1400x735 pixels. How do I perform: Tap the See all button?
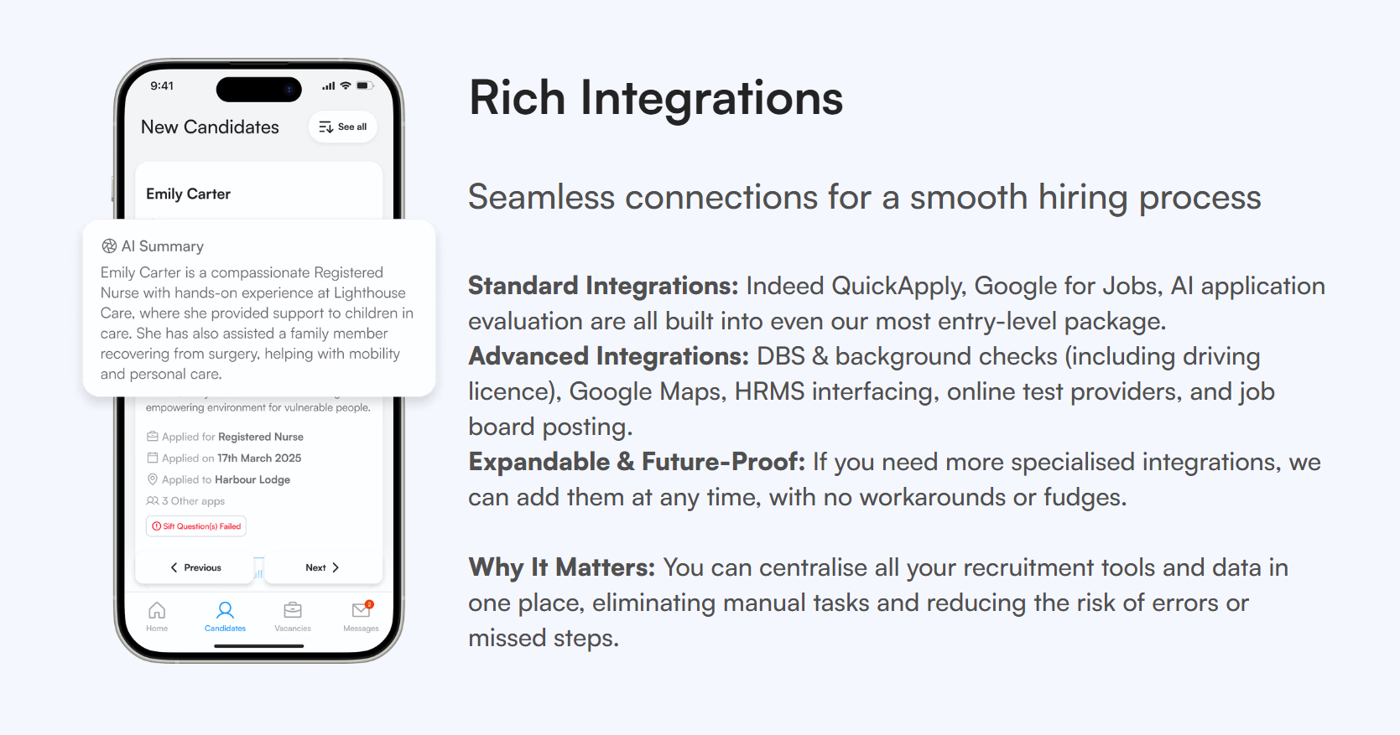pyautogui.click(x=343, y=127)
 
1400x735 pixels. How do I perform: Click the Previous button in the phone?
pyautogui.click(x=196, y=567)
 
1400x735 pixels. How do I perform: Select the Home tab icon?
pyautogui.click(x=157, y=610)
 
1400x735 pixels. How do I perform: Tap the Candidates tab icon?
pyautogui.click(x=225, y=610)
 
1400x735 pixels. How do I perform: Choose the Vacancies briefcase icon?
pyautogui.click(x=293, y=610)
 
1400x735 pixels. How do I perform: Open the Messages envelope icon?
pyautogui.click(x=361, y=610)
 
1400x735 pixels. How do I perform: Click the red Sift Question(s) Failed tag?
pyautogui.click(x=196, y=526)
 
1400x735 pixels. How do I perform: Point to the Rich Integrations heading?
pyautogui.click(x=655, y=98)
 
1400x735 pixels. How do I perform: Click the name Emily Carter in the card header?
pyautogui.click(x=188, y=194)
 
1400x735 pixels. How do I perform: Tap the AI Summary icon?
pyautogui.click(x=109, y=246)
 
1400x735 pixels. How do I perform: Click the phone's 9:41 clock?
pyautogui.click(x=162, y=85)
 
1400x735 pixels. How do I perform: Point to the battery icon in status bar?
pyautogui.click(x=364, y=85)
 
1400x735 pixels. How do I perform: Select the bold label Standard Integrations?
pyautogui.click(x=602, y=286)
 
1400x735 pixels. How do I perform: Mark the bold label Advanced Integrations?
pyautogui.click(x=608, y=356)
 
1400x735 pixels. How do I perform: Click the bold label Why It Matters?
pyautogui.click(x=561, y=567)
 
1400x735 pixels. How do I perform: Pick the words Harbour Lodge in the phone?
pyautogui.click(x=252, y=479)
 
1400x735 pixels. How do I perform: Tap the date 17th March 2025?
pyautogui.click(x=259, y=458)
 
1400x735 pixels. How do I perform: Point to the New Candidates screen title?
pyautogui.click(x=210, y=127)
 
